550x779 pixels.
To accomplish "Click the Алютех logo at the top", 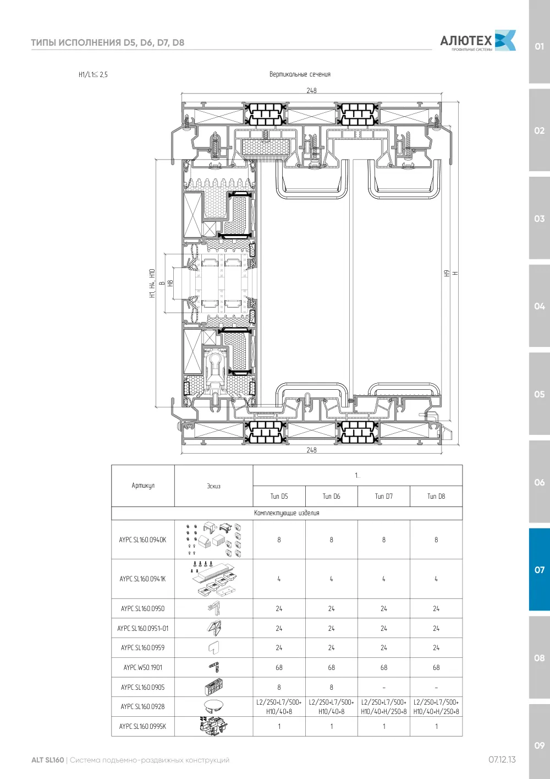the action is point(478,41).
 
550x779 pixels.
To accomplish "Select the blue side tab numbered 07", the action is point(539,570).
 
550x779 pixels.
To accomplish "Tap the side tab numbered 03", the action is point(539,219).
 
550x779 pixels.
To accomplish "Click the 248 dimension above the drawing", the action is point(311,90).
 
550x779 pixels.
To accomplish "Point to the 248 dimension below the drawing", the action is point(311,450).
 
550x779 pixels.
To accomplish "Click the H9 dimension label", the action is point(447,274).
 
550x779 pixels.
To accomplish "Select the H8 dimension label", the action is point(170,284).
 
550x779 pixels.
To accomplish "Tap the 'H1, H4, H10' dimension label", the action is point(152,283).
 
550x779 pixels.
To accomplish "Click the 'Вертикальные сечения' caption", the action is point(300,74).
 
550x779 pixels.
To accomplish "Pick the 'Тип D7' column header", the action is point(383,496).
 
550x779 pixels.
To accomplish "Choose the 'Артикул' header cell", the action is point(143,486).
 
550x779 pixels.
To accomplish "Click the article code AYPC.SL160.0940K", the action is point(142,540).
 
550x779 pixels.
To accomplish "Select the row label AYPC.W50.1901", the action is point(143,667).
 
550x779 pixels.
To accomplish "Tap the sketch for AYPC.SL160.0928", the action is point(213,706).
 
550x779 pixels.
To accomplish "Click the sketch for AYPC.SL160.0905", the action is point(213,687).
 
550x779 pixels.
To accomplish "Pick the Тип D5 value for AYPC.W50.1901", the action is point(279,667).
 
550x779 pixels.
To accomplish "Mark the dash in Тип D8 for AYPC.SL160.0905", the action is point(436,687).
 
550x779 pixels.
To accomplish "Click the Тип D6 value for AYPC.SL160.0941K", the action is point(331,579).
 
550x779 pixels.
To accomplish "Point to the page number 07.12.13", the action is point(502,760).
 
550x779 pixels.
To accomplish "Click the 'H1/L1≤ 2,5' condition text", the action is point(93,74).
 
